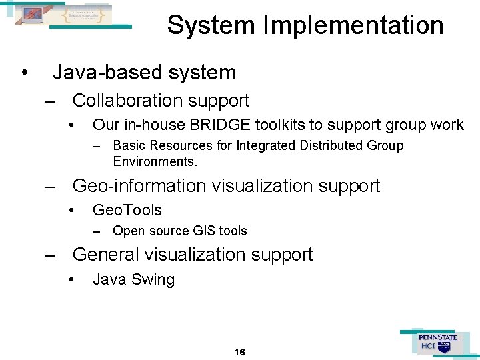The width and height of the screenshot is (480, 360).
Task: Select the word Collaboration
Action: click(x=126, y=101)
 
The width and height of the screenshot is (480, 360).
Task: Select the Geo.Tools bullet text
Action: click(x=127, y=210)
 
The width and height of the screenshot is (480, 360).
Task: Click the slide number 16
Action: click(x=240, y=351)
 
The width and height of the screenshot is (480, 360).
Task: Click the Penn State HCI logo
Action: click(x=437, y=343)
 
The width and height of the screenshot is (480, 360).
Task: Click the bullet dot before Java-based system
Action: click(x=24, y=73)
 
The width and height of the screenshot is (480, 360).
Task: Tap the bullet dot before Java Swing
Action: click(x=71, y=280)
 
